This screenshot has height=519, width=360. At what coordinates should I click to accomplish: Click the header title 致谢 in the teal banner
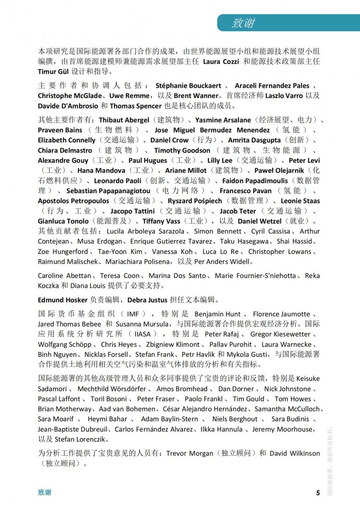click(243, 23)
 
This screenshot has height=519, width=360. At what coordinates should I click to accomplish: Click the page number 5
click(318, 493)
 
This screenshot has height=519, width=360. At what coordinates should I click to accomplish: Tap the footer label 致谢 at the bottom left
click(45, 492)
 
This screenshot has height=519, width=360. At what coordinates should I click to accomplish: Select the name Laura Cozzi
click(221, 62)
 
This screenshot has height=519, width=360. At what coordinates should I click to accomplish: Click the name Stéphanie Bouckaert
click(188, 86)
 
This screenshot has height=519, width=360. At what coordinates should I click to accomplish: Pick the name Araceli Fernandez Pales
click(272, 86)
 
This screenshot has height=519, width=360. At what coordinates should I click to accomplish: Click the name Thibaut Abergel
click(124, 120)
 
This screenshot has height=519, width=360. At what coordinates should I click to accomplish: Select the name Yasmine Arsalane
click(223, 120)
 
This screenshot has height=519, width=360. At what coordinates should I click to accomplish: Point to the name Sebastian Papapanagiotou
click(108, 191)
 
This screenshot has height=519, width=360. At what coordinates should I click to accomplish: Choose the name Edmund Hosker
click(63, 300)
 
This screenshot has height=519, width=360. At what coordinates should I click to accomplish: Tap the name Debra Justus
click(147, 300)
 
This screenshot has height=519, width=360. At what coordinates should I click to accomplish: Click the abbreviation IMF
click(133, 314)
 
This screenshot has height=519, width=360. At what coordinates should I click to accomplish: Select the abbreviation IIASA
click(142, 334)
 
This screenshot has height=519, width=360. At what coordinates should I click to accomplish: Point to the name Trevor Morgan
click(189, 454)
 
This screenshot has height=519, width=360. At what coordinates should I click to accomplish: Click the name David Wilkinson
click(294, 454)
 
